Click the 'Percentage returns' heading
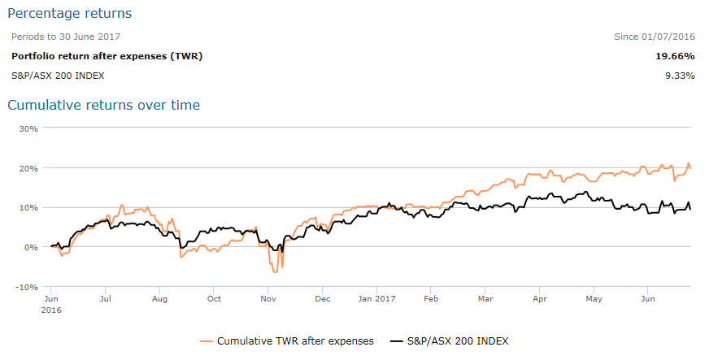tap(70, 14)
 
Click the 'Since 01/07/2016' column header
tap(655, 37)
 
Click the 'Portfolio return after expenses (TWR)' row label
tap(107, 56)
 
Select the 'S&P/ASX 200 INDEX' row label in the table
tap(58, 76)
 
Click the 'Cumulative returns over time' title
tap(103, 105)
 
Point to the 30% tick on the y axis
tap(28, 128)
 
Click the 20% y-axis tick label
tap(28, 168)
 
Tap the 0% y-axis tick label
tap(31, 247)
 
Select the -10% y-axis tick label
tap(27, 287)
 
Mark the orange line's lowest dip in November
tap(277, 271)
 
